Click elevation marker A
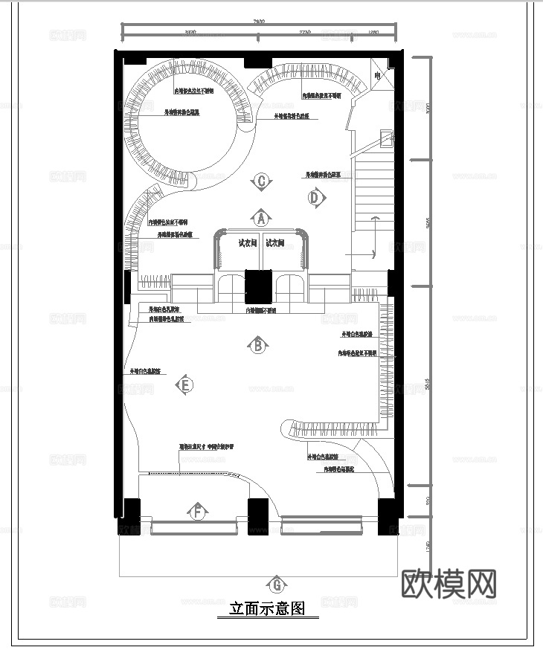tap(260, 218)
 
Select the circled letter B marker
tap(258, 345)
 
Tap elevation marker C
tap(262, 181)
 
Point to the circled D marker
tap(315, 197)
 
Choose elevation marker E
tap(185, 384)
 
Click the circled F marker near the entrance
tap(198, 512)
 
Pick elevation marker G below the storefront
tap(277, 584)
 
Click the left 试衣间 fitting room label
tap(247, 242)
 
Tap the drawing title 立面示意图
tap(267, 609)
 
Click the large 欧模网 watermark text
tap(449, 584)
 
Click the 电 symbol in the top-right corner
tap(378, 76)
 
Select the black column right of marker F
tap(257, 515)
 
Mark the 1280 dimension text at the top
tap(373, 33)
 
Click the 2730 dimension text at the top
tap(305, 33)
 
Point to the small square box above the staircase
tap(385, 137)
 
